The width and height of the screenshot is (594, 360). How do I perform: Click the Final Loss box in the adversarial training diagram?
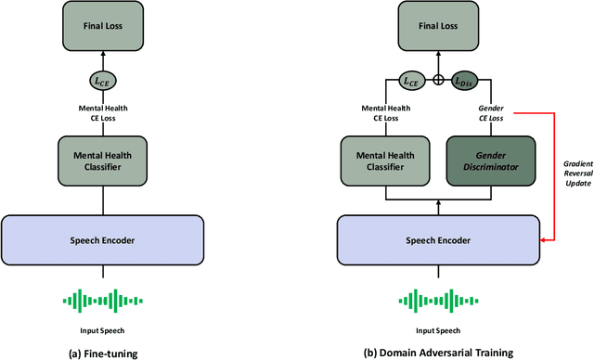tap(438, 26)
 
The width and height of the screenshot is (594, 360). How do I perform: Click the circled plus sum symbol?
tap(438, 81)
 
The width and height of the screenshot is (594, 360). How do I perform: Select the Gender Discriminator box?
tap(491, 159)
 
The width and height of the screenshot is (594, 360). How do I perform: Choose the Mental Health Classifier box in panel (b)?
tap(384, 159)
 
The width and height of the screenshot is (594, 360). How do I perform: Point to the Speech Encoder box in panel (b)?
tap(438, 239)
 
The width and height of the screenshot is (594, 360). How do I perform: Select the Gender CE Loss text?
tap(490, 113)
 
